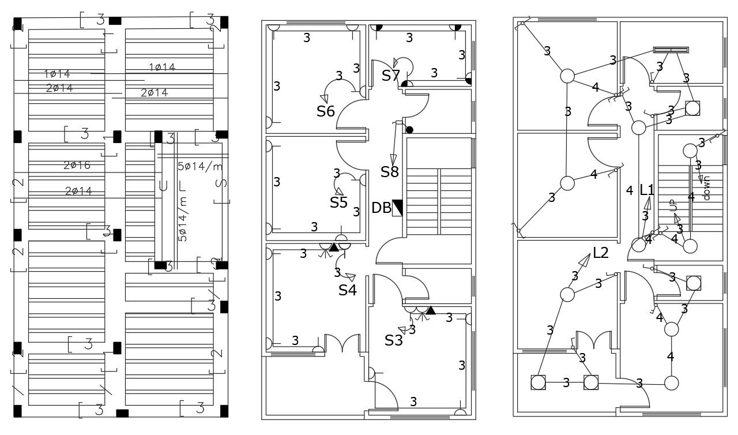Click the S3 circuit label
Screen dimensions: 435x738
394,340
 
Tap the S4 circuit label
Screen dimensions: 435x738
347,290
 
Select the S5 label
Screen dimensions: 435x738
338,202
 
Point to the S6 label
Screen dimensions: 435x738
326,111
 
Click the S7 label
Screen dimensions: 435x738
390,76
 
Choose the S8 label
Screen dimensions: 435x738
390,171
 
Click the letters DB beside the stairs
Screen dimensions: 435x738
381,208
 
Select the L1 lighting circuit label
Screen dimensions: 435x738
647,190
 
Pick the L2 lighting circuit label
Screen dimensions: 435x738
601,253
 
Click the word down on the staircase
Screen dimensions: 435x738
707,187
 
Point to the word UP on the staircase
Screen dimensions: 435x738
672,204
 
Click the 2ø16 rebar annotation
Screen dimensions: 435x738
77,166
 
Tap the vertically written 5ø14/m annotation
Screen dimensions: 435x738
183,220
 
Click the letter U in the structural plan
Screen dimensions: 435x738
163,186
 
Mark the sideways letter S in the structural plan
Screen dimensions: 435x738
221,184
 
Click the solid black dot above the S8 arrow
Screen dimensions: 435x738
409,129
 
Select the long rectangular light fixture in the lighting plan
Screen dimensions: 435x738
671,50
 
